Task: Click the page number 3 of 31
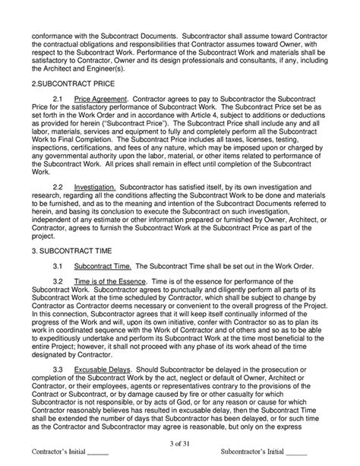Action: pyautogui.click(x=180, y=443)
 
